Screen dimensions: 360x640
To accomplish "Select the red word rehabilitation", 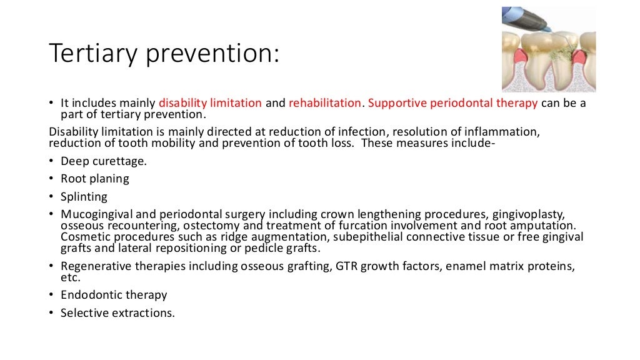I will (x=324, y=103).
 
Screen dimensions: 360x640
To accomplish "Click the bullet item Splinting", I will (x=84, y=196).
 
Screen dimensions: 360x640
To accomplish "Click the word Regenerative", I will (x=95, y=266).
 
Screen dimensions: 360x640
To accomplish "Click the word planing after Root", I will (x=108, y=179).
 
